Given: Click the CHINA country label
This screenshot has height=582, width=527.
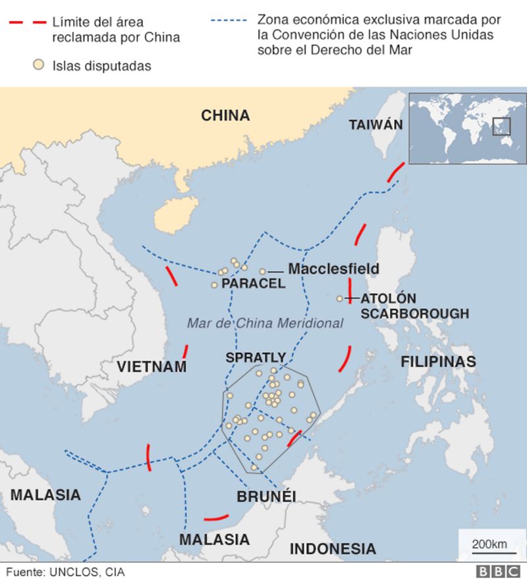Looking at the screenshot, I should [x=225, y=116].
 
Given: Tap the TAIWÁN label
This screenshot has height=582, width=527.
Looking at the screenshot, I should [x=375, y=124].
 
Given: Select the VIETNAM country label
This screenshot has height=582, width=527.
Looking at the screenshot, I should [x=152, y=367].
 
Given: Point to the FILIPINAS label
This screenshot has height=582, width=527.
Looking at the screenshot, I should [x=438, y=361].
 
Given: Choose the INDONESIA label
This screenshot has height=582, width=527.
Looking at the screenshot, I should [x=333, y=548].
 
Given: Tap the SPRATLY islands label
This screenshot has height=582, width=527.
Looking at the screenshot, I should [x=256, y=357].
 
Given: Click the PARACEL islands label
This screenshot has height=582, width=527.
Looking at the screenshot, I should [x=254, y=284].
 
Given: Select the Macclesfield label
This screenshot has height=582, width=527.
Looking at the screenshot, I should [x=333, y=269].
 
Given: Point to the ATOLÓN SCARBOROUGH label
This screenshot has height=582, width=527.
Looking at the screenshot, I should [x=414, y=306].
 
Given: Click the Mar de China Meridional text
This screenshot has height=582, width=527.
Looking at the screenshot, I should [x=265, y=323].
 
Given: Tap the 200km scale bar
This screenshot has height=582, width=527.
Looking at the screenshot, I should [x=489, y=544].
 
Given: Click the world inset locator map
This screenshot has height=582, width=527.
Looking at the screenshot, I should [x=467, y=128].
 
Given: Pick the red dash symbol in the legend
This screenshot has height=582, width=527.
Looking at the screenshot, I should [x=27, y=23].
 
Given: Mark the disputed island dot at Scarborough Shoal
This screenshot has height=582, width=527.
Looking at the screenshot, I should [x=340, y=299].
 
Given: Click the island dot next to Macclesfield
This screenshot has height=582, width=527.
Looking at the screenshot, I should [x=262, y=271].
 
